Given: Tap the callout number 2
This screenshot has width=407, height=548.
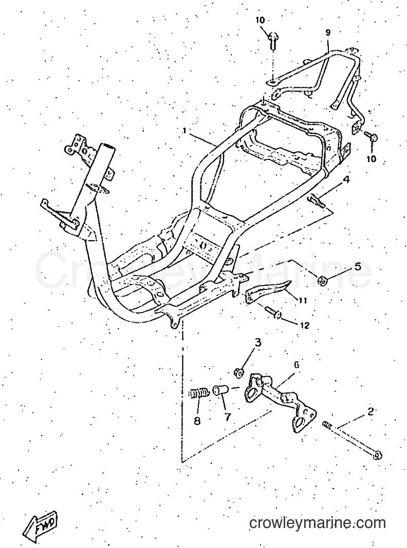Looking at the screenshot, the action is pyautogui.click(x=370, y=411).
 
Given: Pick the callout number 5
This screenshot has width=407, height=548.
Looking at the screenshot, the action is pyautogui.click(x=357, y=267).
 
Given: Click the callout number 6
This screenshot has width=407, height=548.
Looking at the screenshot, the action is pyautogui.click(x=296, y=365).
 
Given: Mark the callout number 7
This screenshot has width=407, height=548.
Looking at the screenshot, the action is pyautogui.click(x=228, y=417).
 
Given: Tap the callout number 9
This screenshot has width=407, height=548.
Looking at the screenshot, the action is pyautogui.click(x=328, y=32).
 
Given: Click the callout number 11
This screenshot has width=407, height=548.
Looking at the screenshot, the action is pyautogui.click(x=303, y=300).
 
